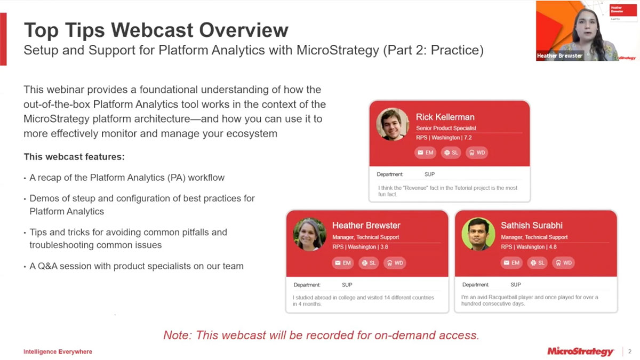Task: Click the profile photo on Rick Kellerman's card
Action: click(393, 124)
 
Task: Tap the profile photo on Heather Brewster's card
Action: click(309, 234)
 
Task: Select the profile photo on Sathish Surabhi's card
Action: click(478, 234)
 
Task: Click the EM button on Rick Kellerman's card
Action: click(425, 153)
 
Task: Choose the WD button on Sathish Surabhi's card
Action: click(563, 262)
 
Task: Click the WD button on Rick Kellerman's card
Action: click(477, 153)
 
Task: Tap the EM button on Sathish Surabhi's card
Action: click(511, 262)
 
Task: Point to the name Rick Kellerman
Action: click(445, 117)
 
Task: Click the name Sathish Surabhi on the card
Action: click(531, 225)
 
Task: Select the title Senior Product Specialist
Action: click(446, 128)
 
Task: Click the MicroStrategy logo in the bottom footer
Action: click(580, 351)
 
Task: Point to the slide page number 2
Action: click(629, 351)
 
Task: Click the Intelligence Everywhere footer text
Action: click(58, 352)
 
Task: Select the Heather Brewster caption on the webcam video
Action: click(559, 55)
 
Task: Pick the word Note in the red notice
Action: click(177, 335)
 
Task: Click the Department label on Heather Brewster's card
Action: click(307, 285)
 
